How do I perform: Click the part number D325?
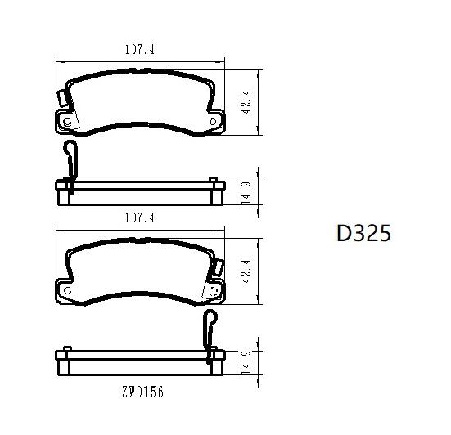363,234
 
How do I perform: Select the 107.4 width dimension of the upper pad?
139,50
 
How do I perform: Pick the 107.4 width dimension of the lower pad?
139,217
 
